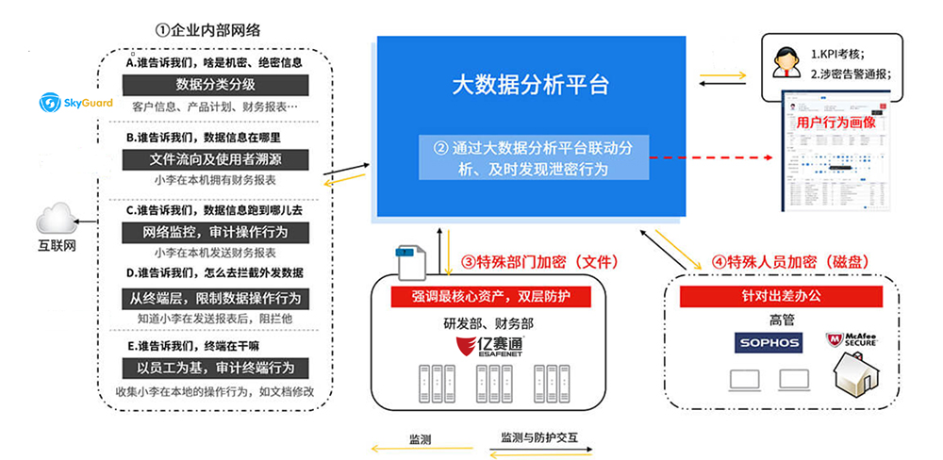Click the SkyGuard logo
coord(75,101)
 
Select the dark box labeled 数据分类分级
coord(215,85)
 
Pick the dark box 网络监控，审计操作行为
coord(215,231)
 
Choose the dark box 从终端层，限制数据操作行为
coord(215,299)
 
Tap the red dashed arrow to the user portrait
coord(716,157)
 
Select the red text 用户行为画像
coord(836,123)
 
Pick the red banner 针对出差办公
coord(784,296)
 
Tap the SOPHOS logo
coord(768,341)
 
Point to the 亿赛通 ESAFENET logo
coord(488,344)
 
